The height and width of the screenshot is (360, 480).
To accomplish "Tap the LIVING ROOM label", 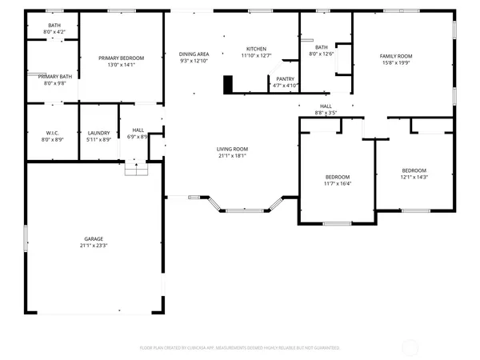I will tap(232, 149).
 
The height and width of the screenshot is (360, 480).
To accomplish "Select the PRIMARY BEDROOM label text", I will tap(121, 58).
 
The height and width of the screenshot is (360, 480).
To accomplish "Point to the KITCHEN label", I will tap(256, 49).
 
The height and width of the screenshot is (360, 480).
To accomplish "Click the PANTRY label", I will tap(285, 78).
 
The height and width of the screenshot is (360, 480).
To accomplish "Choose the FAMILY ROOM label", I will tap(395, 56).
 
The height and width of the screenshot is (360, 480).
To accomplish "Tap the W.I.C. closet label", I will tap(52, 132).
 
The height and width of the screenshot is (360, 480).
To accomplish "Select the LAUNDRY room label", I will tap(98, 132).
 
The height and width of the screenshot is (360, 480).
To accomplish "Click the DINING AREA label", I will tap(194, 54).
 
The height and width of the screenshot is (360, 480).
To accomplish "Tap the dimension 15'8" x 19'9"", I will tap(395, 62).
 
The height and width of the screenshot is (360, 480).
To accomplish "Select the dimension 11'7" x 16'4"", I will tap(338, 183).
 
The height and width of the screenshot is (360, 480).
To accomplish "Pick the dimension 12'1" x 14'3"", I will tap(414, 177).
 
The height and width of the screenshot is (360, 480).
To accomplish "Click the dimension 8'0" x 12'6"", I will tap(322, 54).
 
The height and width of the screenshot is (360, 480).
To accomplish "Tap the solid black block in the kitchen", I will tap(228, 83).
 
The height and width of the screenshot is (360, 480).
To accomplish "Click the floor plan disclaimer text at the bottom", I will tap(240, 348).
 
